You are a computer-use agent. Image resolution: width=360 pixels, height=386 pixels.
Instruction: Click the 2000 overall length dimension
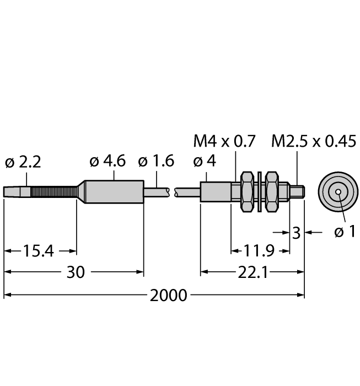tap(169, 295)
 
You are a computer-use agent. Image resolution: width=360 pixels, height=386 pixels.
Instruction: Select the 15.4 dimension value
tap(39, 251)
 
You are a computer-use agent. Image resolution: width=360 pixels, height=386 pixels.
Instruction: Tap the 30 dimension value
tap(76, 272)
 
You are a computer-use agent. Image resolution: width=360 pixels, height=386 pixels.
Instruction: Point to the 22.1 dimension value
tap(253, 272)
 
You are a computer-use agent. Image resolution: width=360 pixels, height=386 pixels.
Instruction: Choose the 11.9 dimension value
tap(259, 251)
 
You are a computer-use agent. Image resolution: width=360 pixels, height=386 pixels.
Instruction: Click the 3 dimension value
tap(296, 233)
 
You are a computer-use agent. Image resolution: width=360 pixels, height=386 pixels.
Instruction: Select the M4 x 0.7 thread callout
tap(224, 141)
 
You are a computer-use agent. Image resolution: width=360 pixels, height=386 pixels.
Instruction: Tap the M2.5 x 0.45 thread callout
tap(314, 141)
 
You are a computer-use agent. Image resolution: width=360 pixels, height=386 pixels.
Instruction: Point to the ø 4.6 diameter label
tap(108, 161)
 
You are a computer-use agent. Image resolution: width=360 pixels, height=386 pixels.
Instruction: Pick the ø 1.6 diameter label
tap(156, 161)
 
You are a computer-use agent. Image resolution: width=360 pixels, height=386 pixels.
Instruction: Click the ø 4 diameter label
tap(205, 161)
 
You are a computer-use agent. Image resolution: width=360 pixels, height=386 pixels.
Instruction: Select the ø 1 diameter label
tap(345, 232)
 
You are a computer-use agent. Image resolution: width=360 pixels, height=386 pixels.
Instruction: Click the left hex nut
tap(247, 192)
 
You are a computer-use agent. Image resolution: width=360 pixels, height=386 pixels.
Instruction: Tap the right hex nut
tap(272, 192)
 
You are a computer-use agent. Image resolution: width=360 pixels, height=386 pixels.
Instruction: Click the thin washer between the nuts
tap(259, 192)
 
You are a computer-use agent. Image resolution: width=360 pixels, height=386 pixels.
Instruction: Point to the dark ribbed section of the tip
tap(54, 192)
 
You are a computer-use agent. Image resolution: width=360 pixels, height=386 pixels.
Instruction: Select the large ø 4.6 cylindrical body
tap(114, 192)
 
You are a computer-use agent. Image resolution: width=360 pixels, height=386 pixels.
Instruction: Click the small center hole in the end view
tap(338, 192)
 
